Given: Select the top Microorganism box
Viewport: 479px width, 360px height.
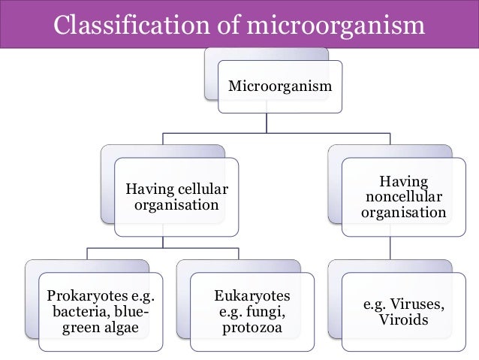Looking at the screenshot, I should tap(279, 87).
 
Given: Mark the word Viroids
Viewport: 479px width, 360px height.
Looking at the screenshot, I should tap(405, 321).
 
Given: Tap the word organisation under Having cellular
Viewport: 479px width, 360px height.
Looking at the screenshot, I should tap(176, 204).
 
